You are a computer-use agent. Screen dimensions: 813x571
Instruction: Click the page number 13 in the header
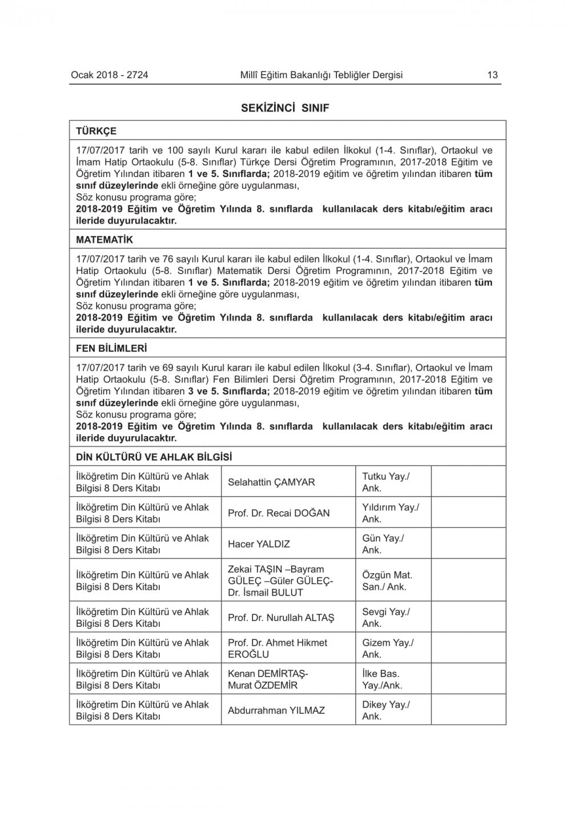click(x=492, y=75)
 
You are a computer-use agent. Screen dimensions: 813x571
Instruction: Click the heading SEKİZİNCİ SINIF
click(x=285, y=108)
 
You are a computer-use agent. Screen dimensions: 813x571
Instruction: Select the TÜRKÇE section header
click(x=96, y=131)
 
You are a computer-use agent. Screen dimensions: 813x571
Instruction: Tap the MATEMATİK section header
click(x=104, y=240)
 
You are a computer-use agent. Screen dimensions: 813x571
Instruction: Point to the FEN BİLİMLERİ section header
click(x=111, y=348)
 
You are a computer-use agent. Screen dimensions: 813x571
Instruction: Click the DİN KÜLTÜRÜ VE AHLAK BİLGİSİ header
click(x=154, y=457)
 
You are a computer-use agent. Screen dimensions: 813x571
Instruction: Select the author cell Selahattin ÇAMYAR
click(x=271, y=482)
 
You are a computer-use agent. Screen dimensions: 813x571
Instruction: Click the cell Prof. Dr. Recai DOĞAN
click(x=279, y=513)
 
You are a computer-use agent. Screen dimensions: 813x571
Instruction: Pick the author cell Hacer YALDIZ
click(x=259, y=544)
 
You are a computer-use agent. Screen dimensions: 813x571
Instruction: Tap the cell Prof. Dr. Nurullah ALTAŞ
click(x=281, y=618)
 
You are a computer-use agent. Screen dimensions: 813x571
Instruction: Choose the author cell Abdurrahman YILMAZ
click(x=276, y=710)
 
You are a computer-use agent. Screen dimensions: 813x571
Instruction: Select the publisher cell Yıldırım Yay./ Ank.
click(x=390, y=513)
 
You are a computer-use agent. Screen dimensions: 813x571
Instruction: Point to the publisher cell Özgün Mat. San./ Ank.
click(x=387, y=581)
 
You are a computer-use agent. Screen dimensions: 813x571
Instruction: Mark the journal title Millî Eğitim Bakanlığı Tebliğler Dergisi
click(x=321, y=75)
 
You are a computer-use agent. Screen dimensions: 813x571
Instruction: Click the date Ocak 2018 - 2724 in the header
click(x=109, y=75)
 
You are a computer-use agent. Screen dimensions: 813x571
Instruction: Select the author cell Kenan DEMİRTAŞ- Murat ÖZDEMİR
click(x=268, y=679)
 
